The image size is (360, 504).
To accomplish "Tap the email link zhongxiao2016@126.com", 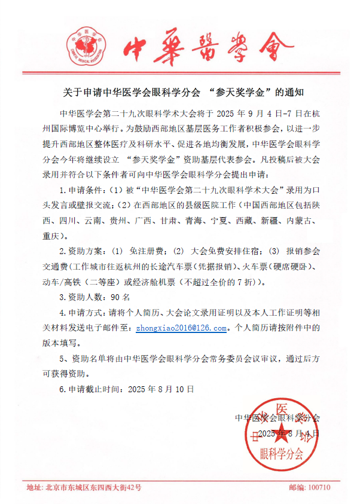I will (181, 328).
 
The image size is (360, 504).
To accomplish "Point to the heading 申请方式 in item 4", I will (89, 312).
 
